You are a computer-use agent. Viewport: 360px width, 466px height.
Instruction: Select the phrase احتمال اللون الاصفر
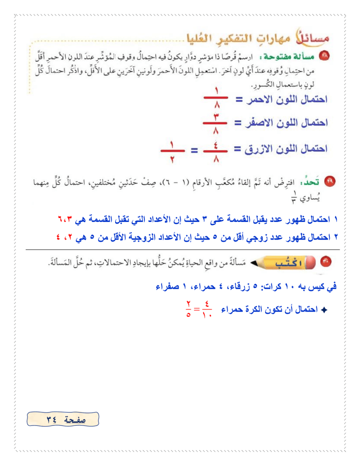283,122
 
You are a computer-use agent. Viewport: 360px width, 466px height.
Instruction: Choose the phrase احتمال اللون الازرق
282,149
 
